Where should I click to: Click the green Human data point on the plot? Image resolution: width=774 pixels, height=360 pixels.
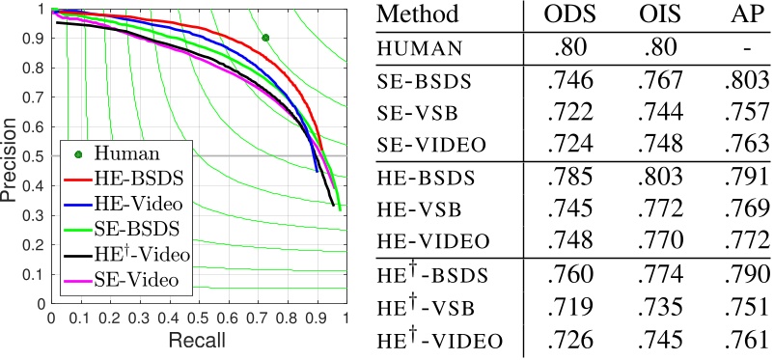tap(265, 38)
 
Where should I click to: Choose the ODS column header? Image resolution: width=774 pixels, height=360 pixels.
tap(566, 15)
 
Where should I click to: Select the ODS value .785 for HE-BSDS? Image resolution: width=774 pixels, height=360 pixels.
tap(566, 179)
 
